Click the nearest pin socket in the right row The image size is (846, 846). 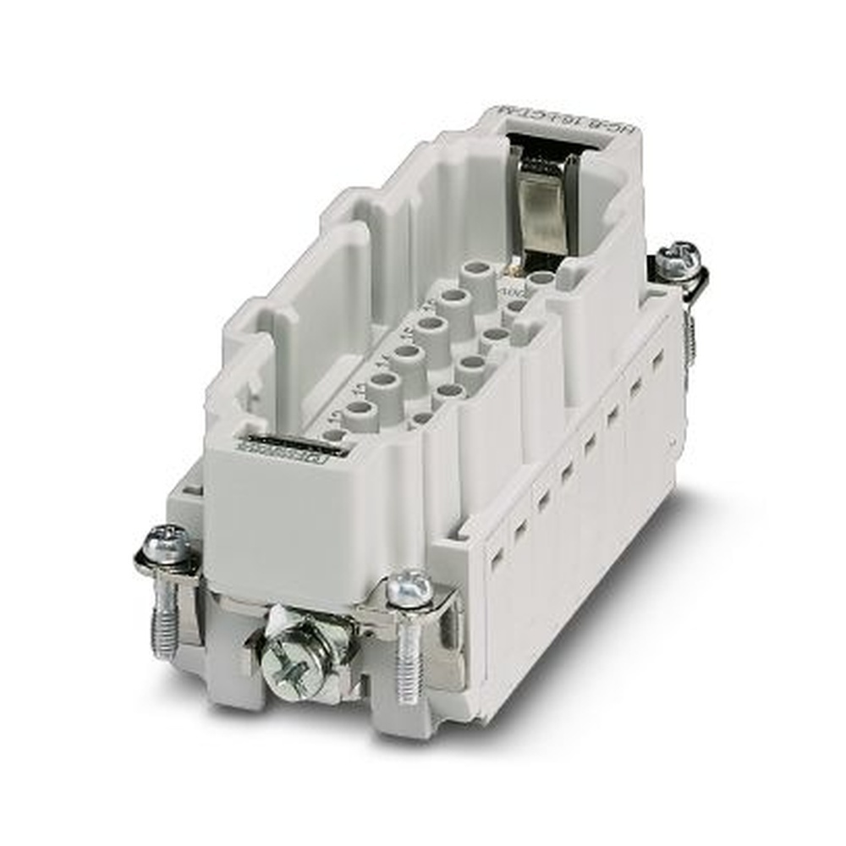tap(421, 418)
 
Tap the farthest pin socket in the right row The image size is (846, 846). tap(539, 277)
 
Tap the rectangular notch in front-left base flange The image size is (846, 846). tap(194, 491)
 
